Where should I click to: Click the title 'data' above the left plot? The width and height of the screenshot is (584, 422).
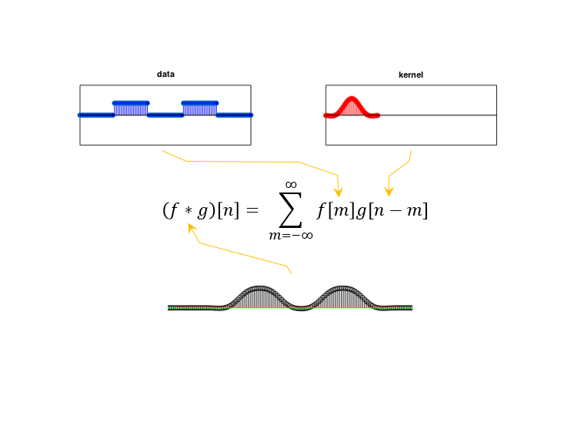click(x=165, y=75)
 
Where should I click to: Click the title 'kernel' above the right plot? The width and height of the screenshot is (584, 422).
click(x=411, y=75)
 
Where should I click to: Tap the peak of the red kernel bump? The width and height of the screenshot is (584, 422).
click(x=352, y=99)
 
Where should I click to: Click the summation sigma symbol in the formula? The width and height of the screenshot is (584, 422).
click(x=291, y=209)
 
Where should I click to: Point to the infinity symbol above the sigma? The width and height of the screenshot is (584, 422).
click(x=291, y=184)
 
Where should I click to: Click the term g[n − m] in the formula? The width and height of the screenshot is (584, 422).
click(x=390, y=210)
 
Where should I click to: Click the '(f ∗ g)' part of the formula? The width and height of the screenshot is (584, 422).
click(x=189, y=210)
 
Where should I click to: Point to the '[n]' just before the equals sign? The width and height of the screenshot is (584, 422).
click(x=229, y=210)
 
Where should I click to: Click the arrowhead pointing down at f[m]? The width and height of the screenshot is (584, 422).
click(x=339, y=192)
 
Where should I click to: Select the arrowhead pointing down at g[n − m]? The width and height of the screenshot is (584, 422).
click(x=389, y=191)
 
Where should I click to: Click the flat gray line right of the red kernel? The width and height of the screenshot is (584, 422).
click(x=439, y=116)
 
